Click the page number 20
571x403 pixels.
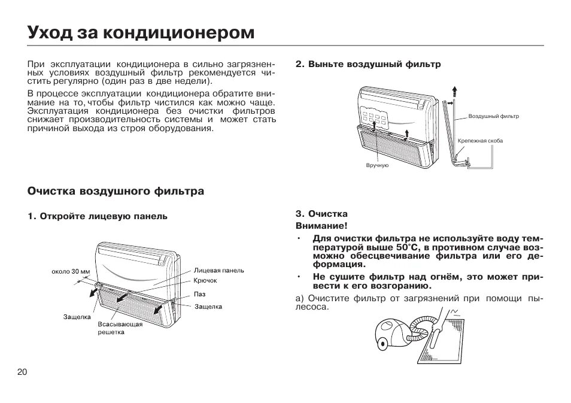[22, 372]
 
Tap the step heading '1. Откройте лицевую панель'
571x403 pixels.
[98, 216]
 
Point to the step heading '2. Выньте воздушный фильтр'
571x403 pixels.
[368, 64]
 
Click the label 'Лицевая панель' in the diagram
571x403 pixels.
[218, 270]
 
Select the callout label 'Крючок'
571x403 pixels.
[205, 280]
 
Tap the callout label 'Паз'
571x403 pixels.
[199, 294]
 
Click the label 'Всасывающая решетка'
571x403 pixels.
[120, 328]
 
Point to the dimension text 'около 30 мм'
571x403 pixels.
[71, 271]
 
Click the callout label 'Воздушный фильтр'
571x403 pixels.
[493, 116]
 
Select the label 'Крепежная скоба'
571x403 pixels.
[480, 141]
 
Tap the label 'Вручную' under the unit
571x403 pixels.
[377, 165]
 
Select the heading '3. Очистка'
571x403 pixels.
[321, 214]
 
